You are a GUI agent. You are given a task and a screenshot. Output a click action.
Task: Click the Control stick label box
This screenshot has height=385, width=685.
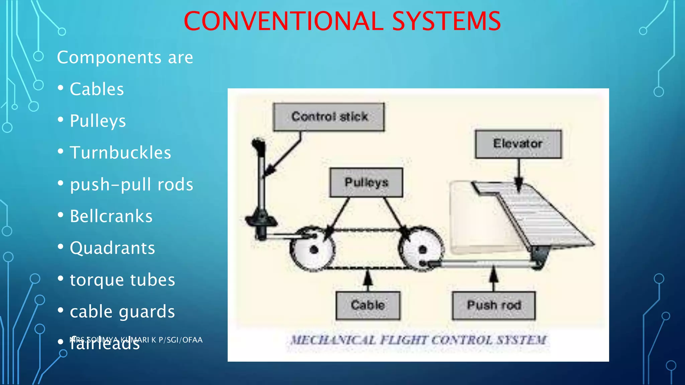pos(329,117)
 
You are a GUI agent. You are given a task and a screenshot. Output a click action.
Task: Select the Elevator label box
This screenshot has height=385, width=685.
pos(518,144)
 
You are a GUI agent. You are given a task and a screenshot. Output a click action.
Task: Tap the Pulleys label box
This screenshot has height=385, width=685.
pos(366,182)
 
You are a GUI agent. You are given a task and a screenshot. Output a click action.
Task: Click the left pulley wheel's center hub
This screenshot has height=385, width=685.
pos(313,250)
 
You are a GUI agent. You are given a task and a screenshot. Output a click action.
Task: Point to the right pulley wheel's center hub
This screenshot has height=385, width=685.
pos(422,250)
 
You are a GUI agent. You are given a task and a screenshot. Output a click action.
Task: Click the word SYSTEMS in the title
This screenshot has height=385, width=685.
pos(446,21)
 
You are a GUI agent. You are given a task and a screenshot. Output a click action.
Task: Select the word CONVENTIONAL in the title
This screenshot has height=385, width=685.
pos(283,21)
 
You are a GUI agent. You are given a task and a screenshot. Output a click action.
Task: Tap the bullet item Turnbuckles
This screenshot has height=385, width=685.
pos(120,153)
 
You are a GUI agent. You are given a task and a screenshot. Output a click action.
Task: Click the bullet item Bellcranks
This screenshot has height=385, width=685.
pos(111,216)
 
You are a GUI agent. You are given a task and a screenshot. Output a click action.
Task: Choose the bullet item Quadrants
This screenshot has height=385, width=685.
pos(112,248)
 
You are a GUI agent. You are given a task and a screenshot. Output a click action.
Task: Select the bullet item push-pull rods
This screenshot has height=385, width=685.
pos(131,184)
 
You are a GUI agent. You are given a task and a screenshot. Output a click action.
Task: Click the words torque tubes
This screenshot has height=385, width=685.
pos(122,280)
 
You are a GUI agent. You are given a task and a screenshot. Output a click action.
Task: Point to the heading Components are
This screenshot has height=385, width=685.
pos(125,57)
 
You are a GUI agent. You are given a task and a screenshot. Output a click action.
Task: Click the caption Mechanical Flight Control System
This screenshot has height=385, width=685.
pos(418,340)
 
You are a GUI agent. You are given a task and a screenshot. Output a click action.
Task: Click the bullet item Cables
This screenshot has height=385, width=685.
pos(97,89)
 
